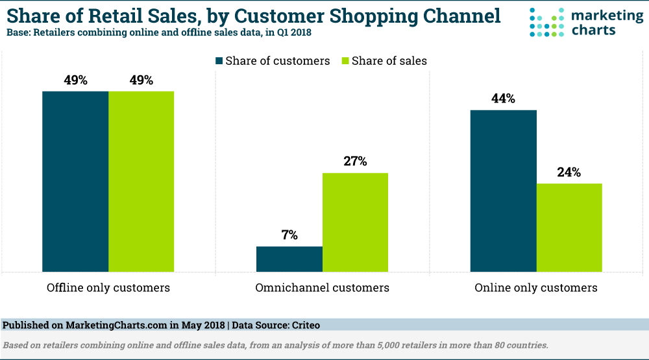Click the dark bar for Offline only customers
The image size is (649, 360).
[75, 181]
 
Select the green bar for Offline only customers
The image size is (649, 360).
[141, 181]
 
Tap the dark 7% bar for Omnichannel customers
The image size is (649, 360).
[289, 259]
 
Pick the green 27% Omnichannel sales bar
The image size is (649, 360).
[355, 222]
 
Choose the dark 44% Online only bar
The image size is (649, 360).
[504, 191]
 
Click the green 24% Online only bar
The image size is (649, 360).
[569, 227]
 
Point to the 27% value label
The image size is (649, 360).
[355, 162]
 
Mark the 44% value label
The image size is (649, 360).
[504, 99]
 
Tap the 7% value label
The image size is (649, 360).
[289, 235]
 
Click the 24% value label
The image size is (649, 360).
[569, 173]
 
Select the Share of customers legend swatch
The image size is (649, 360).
[219, 61]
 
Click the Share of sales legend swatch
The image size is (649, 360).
[345, 61]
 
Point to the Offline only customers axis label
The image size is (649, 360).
[108, 287]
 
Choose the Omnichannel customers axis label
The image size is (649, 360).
[323, 287]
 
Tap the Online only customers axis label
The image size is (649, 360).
[536, 287]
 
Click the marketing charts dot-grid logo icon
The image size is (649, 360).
[544, 23]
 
